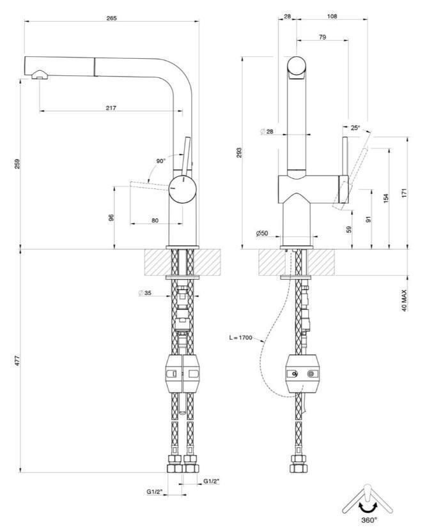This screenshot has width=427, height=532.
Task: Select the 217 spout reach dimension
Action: [x=111, y=107]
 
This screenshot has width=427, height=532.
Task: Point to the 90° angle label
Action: [x=160, y=161]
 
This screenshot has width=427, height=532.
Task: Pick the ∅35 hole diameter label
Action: [x=145, y=294]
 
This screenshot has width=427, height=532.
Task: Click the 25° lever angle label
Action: [x=355, y=128]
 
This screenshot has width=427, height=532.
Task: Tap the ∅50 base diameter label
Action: [x=262, y=234]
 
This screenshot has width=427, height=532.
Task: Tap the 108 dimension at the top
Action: [x=332, y=16]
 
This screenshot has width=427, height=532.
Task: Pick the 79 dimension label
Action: [x=323, y=38]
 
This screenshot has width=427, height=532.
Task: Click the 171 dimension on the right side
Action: [x=405, y=193]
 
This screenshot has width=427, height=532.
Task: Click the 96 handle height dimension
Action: [x=111, y=217]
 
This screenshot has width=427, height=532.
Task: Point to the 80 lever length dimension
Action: [x=155, y=220]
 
